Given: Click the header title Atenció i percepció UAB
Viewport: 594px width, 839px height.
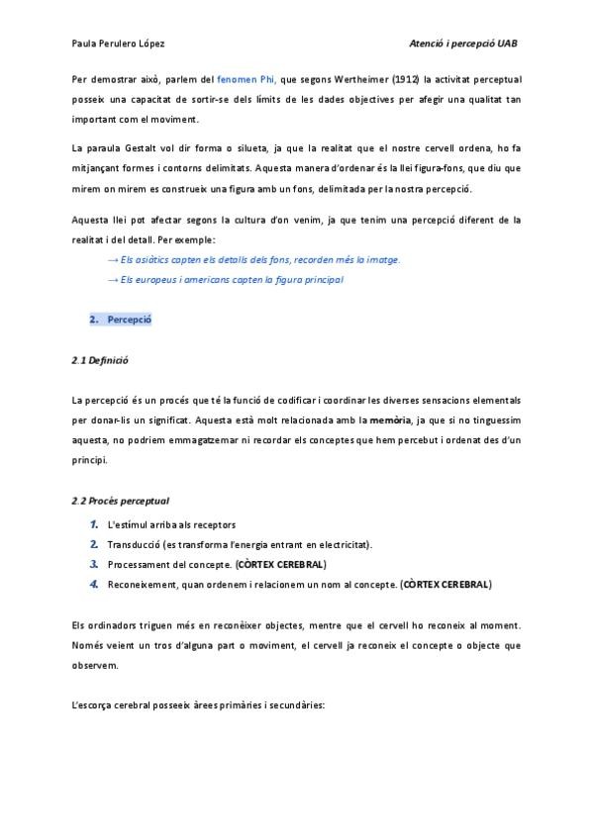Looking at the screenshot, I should [464, 44].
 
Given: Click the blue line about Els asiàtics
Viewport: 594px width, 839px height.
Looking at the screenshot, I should [253, 259].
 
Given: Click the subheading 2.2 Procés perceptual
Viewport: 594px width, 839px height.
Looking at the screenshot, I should [126, 501].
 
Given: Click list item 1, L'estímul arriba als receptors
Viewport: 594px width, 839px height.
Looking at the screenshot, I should [170, 524].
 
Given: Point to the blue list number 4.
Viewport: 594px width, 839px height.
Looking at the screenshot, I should [94, 585].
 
